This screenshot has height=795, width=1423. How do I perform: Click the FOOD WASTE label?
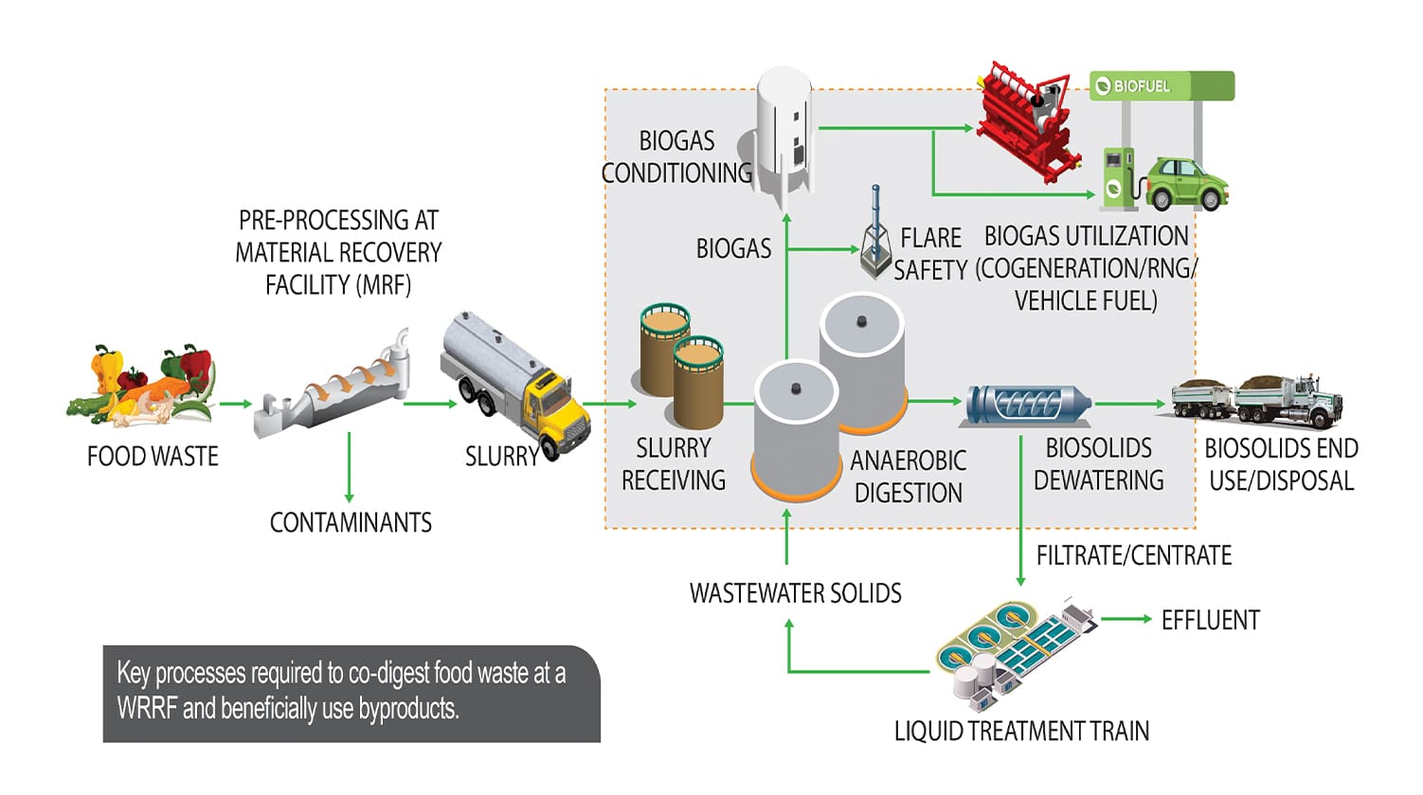tap(153, 457)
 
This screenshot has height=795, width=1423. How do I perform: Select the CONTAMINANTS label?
tap(351, 522)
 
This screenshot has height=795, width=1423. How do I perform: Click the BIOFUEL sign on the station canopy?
tap(1137, 86)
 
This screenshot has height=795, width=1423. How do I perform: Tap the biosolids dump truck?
tap(1256, 399)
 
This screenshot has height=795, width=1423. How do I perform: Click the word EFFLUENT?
tap(1210, 621)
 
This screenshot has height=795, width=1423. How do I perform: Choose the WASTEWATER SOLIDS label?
tap(795, 593)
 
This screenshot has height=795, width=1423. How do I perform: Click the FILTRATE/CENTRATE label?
tap(1133, 555)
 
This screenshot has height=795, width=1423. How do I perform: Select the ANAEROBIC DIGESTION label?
tap(908, 477)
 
